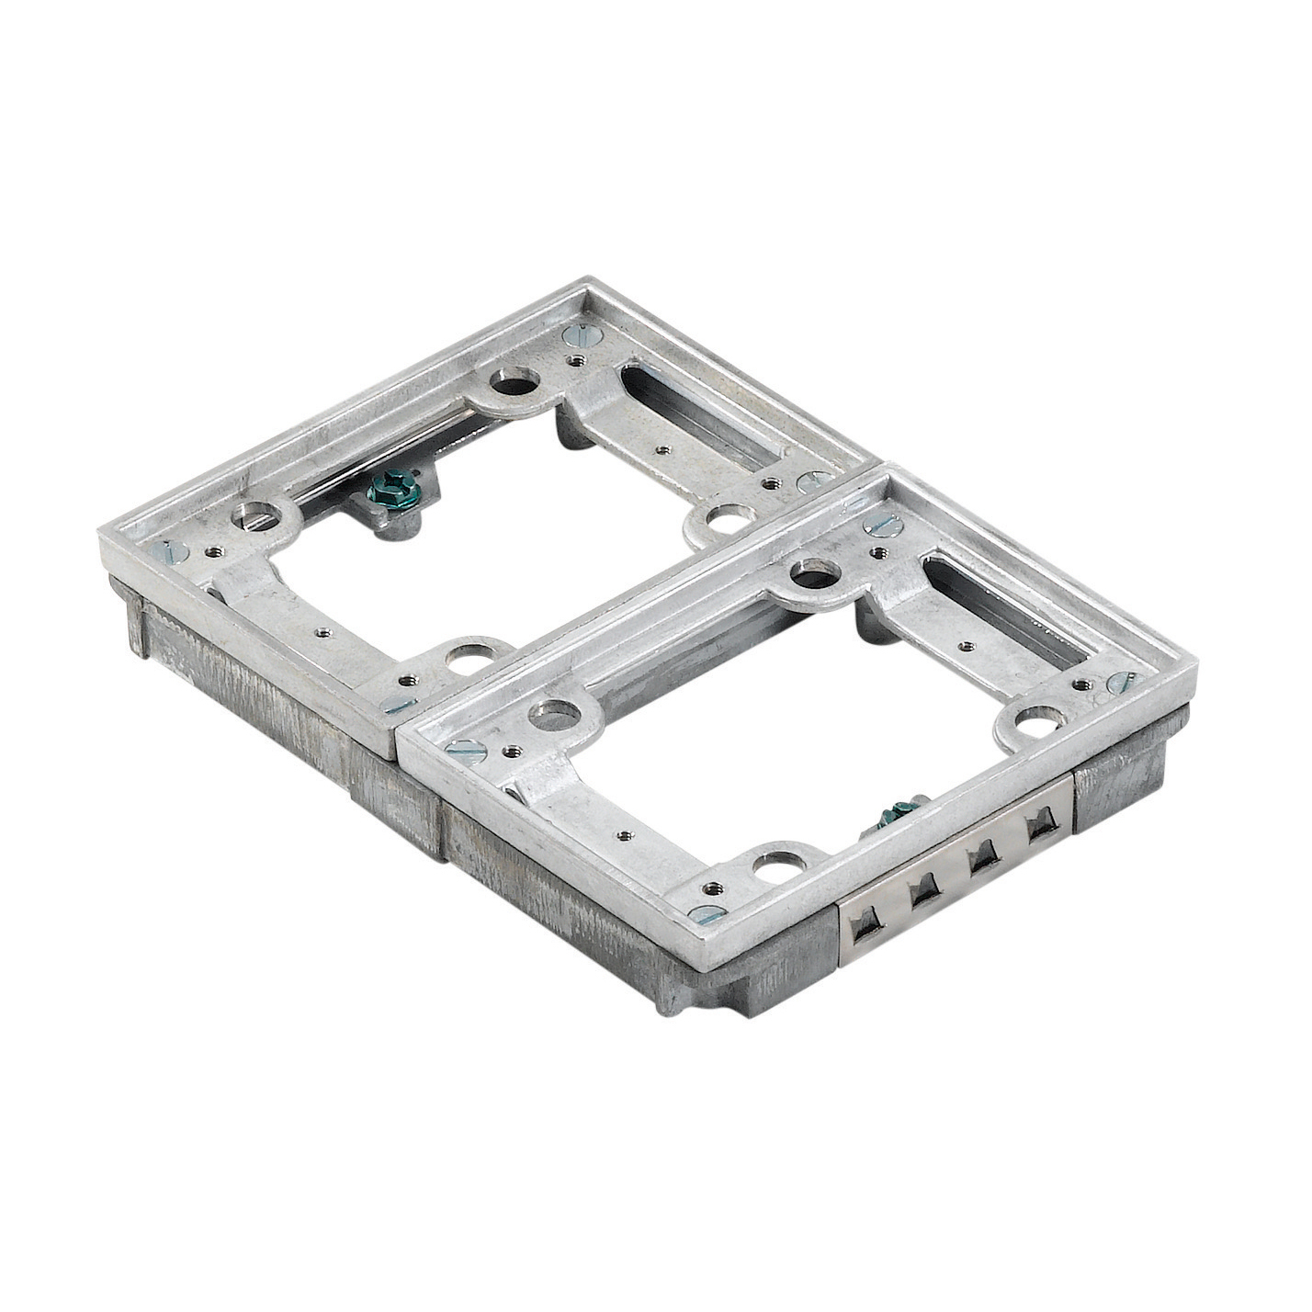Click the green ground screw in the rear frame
(393, 492)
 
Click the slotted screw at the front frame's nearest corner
(706, 914)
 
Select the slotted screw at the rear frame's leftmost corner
(171, 551)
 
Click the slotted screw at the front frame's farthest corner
(882, 525)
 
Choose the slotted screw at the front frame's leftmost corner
(465, 750)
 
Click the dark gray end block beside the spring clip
(1116, 789)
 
